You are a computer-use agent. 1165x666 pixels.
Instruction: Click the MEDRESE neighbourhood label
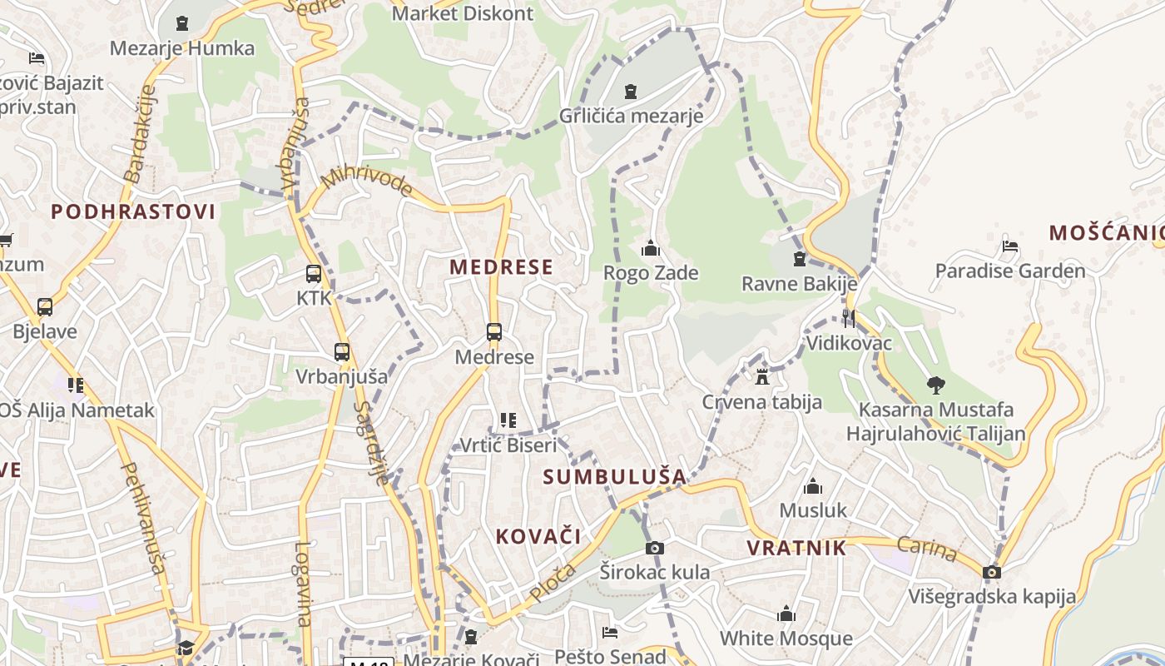(501, 267)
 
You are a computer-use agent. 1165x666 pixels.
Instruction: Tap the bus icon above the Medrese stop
(494, 333)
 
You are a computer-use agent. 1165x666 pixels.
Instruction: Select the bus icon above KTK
(314, 274)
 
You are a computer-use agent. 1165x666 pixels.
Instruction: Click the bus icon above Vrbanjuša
(342, 352)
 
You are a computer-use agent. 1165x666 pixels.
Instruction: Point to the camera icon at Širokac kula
(655, 548)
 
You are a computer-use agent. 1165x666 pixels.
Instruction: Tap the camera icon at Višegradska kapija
(991, 572)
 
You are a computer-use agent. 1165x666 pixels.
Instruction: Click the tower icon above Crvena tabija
(762, 377)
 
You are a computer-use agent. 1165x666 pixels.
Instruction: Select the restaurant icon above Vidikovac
(848, 318)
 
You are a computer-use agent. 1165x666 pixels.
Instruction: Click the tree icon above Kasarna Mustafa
(936, 385)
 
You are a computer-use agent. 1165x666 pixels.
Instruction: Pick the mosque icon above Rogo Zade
(651, 248)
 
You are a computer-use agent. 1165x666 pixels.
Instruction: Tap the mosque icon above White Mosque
(786, 614)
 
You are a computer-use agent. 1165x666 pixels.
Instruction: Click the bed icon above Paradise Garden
(1010, 246)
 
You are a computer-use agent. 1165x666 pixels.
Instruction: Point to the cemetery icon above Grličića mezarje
(631, 91)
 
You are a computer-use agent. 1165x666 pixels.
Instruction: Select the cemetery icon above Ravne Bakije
(800, 259)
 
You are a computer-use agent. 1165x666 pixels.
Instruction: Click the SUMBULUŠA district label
(615, 477)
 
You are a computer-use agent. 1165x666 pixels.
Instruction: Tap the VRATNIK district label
(796, 548)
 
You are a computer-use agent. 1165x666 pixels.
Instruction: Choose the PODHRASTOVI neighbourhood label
(133, 211)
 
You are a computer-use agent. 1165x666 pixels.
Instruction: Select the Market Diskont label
(463, 13)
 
